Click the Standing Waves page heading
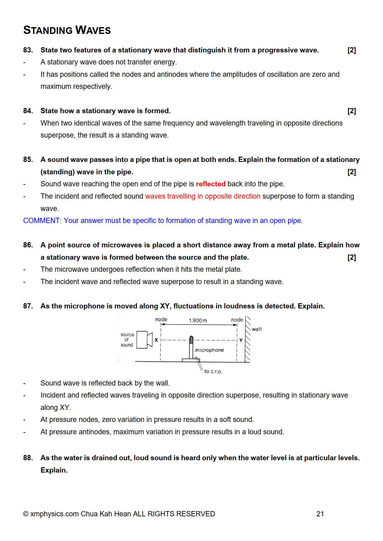click(67, 30)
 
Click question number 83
click(28, 50)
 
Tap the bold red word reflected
click(211, 184)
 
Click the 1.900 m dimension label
click(198, 320)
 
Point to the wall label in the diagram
click(257, 329)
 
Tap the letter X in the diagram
click(156, 340)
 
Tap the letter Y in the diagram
click(241, 340)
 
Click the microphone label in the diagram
click(209, 350)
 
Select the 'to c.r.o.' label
click(213, 371)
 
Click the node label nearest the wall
click(237, 320)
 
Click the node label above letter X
click(161, 319)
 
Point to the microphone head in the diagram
click(191, 340)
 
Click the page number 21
click(320, 514)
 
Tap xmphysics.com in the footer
click(54, 514)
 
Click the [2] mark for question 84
click(351, 111)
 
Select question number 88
click(28, 458)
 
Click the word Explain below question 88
click(54, 470)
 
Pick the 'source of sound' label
click(127, 340)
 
